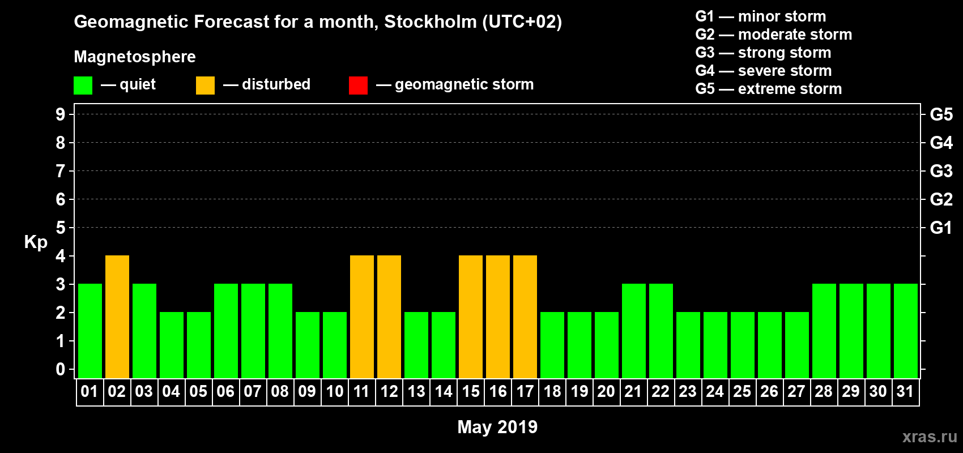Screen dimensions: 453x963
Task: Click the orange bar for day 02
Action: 117,317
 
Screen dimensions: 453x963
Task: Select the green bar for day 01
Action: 90,331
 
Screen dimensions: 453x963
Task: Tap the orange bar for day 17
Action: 525,317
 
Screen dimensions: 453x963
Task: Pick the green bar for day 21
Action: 634,331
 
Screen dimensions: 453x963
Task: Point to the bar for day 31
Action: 906,331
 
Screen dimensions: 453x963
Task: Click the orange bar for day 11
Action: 362,317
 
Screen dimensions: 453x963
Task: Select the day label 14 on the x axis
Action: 444,391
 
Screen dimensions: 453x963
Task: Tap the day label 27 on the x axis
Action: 796,391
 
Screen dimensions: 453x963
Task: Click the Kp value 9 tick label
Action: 61,114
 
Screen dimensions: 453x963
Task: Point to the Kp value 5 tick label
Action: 61,228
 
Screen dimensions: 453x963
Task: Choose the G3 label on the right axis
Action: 941,171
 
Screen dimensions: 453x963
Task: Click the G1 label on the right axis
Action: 941,228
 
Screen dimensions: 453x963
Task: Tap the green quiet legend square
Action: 83,86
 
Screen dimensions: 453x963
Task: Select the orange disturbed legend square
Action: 205,86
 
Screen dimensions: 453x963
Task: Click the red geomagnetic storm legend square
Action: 358,86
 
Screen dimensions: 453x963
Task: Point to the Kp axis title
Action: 36,242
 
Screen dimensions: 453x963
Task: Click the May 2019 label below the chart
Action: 497,427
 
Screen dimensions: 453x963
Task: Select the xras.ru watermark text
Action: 930,437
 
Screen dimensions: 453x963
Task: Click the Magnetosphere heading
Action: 135,57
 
